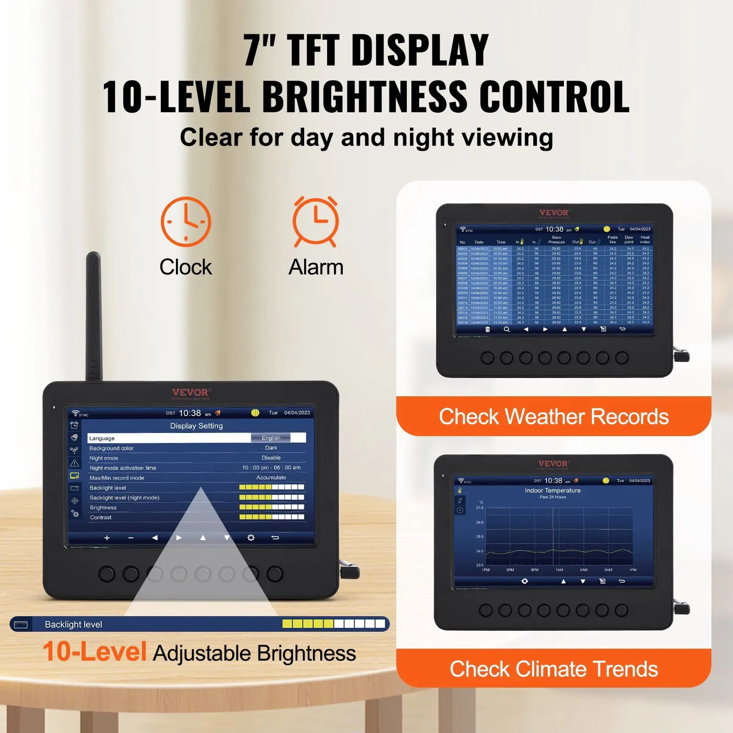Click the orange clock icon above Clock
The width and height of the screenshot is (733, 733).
point(186,222)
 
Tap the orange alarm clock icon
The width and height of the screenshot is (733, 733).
point(316,221)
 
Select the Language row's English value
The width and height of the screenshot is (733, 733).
point(271,438)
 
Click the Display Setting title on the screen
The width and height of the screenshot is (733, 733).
point(197,426)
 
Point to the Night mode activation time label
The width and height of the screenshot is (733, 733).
point(123,468)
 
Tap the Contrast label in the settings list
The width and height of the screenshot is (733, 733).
point(101,517)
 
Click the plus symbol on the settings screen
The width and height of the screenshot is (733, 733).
point(107,538)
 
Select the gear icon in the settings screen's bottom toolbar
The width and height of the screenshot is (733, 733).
point(251,538)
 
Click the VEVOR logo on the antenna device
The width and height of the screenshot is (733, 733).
point(190,393)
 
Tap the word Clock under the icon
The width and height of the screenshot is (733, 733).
point(186,267)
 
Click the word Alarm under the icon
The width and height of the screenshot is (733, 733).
point(316,267)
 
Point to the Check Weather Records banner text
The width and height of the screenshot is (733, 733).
point(553,417)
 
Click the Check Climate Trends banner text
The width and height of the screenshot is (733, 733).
point(553,669)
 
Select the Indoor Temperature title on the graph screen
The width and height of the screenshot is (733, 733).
point(552,490)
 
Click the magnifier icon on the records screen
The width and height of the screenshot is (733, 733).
point(507,329)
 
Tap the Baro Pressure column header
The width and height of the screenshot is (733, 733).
point(557,240)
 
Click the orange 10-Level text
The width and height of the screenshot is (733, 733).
point(94,652)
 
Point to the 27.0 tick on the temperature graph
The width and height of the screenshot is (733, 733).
point(480,508)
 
